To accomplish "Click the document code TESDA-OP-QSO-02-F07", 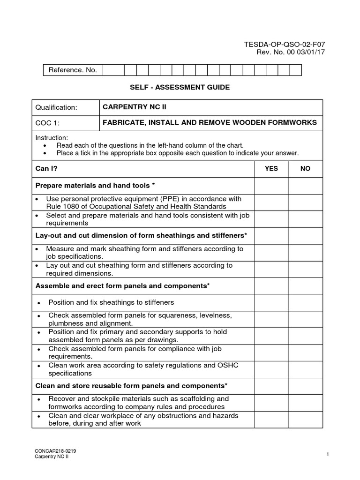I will click(x=284, y=44).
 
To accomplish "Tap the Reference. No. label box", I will click(x=72, y=70).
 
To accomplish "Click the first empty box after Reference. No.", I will click(x=113, y=70).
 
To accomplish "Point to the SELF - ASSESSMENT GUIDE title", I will click(x=180, y=88).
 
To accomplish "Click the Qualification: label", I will click(x=56, y=107).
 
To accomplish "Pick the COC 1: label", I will click(x=47, y=123).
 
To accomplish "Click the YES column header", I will click(x=271, y=169).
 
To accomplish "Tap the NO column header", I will click(x=305, y=169).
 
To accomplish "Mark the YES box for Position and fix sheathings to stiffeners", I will click(x=271, y=302).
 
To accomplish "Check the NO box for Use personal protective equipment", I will click(x=305, y=202).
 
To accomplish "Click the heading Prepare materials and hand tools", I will click(x=93, y=186).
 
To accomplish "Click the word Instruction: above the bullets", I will click(x=52, y=138).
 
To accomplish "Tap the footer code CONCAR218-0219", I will click(x=56, y=451).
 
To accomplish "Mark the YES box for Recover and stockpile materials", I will click(x=271, y=403).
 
